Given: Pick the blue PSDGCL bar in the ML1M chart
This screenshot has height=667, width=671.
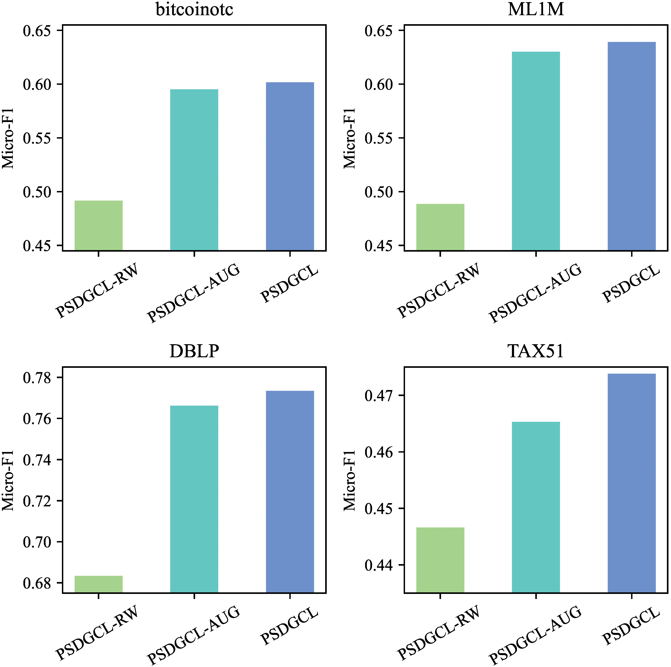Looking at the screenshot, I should (x=631, y=146).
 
